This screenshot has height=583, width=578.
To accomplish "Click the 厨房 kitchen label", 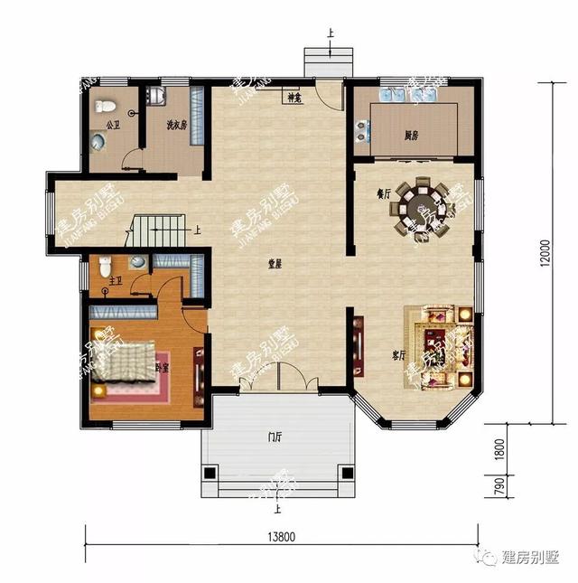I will point(412,136).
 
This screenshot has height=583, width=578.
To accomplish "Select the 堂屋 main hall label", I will point(275,264).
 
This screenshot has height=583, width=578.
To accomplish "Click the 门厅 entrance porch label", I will point(275,437).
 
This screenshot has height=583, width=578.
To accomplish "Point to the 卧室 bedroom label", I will point(163,368).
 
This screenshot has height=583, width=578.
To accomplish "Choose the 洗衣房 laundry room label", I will point(175,125).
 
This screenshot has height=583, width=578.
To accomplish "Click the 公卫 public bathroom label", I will point(112,125).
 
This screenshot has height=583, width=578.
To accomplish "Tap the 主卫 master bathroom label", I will point(116,282).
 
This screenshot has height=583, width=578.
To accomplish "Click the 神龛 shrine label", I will point(294,97).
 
